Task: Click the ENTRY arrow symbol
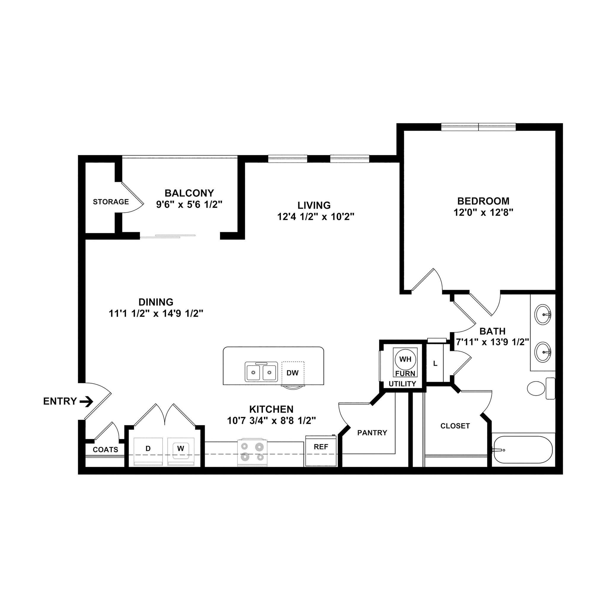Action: (87, 401)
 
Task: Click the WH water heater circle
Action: (405, 359)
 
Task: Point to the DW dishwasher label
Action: (293, 373)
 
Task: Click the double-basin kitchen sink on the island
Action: (261, 372)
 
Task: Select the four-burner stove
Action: (252, 452)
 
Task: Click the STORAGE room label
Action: (111, 202)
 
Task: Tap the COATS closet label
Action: (106, 450)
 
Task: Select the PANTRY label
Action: (372, 433)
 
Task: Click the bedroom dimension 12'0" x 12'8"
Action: (483, 213)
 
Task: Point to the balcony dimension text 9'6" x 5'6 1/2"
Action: (189, 205)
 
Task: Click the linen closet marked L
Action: (435, 363)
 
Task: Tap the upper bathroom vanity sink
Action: (543, 314)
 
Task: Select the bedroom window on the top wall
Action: (478, 127)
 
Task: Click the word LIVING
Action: (314, 205)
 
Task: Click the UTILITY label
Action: (402, 384)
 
